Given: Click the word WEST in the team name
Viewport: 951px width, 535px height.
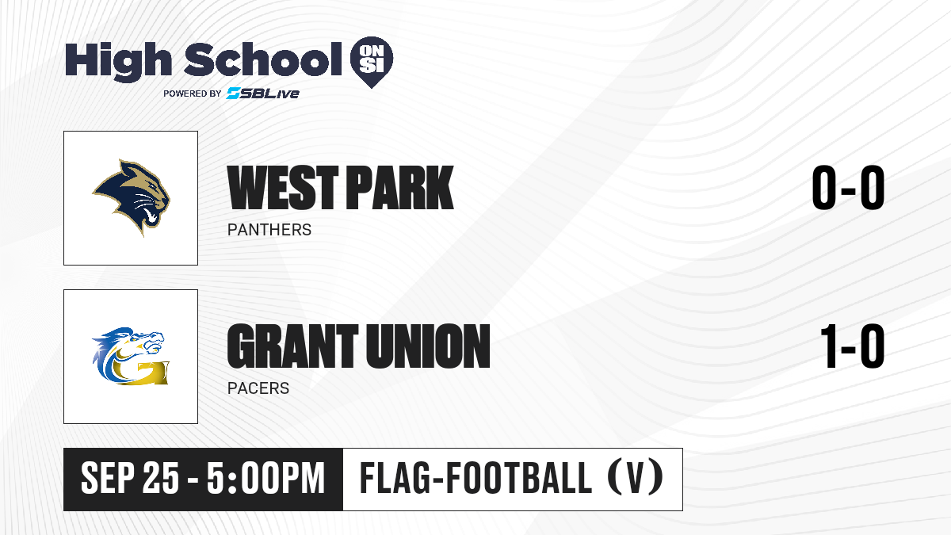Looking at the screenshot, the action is (x=283, y=188).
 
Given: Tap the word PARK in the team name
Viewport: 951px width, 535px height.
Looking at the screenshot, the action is (x=400, y=188).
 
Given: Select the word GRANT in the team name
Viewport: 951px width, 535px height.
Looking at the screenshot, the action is (x=292, y=346).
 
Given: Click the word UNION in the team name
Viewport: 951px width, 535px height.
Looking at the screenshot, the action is (x=428, y=346).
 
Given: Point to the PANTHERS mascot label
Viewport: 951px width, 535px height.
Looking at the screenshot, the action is (x=269, y=230).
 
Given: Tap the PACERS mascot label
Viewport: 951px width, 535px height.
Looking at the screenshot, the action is (x=258, y=388).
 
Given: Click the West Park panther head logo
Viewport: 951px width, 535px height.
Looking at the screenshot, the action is (x=132, y=197).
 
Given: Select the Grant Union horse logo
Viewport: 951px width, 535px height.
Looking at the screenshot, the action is (x=131, y=356).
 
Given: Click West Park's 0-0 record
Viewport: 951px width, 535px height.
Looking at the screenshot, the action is (x=848, y=188).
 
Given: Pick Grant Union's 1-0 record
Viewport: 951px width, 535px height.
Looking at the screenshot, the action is (x=853, y=346).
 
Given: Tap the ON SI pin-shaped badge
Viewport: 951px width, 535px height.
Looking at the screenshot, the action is (x=372, y=62).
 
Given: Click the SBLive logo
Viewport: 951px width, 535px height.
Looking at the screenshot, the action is (x=263, y=94).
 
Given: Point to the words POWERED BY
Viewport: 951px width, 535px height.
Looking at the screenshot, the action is (x=193, y=94).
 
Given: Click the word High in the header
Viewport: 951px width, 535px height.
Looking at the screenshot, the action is (x=118, y=60).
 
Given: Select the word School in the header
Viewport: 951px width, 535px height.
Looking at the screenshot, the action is (x=263, y=59).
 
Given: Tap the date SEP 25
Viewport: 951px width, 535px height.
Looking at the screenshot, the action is (x=129, y=478).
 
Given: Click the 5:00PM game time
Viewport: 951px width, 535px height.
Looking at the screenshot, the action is (x=265, y=478).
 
